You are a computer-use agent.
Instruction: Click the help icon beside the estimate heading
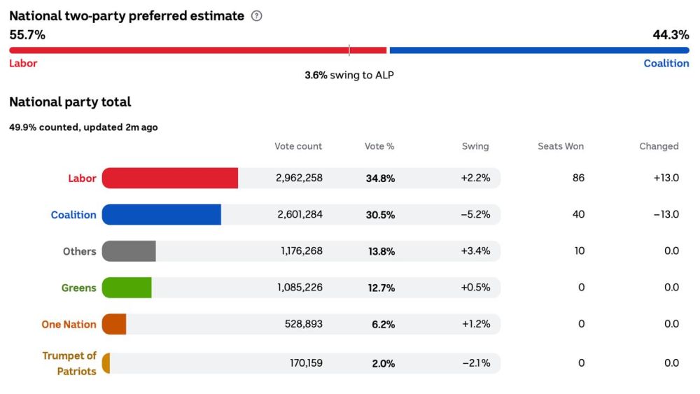[256, 16]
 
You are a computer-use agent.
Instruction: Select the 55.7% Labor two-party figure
[27, 34]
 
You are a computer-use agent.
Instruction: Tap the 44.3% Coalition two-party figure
[671, 34]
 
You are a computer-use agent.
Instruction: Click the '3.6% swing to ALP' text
[349, 75]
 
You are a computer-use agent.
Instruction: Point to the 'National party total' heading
[70, 102]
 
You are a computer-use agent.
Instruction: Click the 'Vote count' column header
[298, 146]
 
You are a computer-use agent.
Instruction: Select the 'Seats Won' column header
[560, 146]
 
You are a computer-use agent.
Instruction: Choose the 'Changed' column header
[659, 146]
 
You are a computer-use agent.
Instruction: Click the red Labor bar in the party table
[170, 178]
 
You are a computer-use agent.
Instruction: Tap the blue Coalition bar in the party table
[162, 215]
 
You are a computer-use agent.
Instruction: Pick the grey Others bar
[129, 251]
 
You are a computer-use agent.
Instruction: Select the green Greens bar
[127, 288]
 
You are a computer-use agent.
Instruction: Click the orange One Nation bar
[114, 324]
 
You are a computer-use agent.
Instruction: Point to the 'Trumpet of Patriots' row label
[69, 363]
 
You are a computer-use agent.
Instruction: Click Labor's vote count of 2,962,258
[299, 178]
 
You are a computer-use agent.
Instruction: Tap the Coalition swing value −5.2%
[475, 215]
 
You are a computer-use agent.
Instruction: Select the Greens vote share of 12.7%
[380, 288]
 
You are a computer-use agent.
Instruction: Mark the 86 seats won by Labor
[578, 178]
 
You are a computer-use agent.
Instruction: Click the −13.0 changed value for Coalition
[666, 215]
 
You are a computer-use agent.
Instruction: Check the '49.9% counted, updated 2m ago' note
[83, 127]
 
